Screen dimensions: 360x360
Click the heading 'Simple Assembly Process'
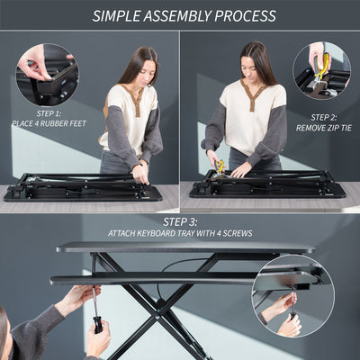coord(184,16)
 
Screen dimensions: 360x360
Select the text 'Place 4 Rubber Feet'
coord(49,122)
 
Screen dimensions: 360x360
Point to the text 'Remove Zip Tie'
coord(322,128)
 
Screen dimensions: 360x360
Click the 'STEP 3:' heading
coord(180,221)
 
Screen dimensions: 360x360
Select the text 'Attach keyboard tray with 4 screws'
coord(180,233)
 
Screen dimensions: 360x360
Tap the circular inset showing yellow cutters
coord(319,70)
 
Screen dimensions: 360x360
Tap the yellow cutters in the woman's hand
coord(220,166)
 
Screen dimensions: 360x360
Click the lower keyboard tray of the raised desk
coord(153,278)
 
